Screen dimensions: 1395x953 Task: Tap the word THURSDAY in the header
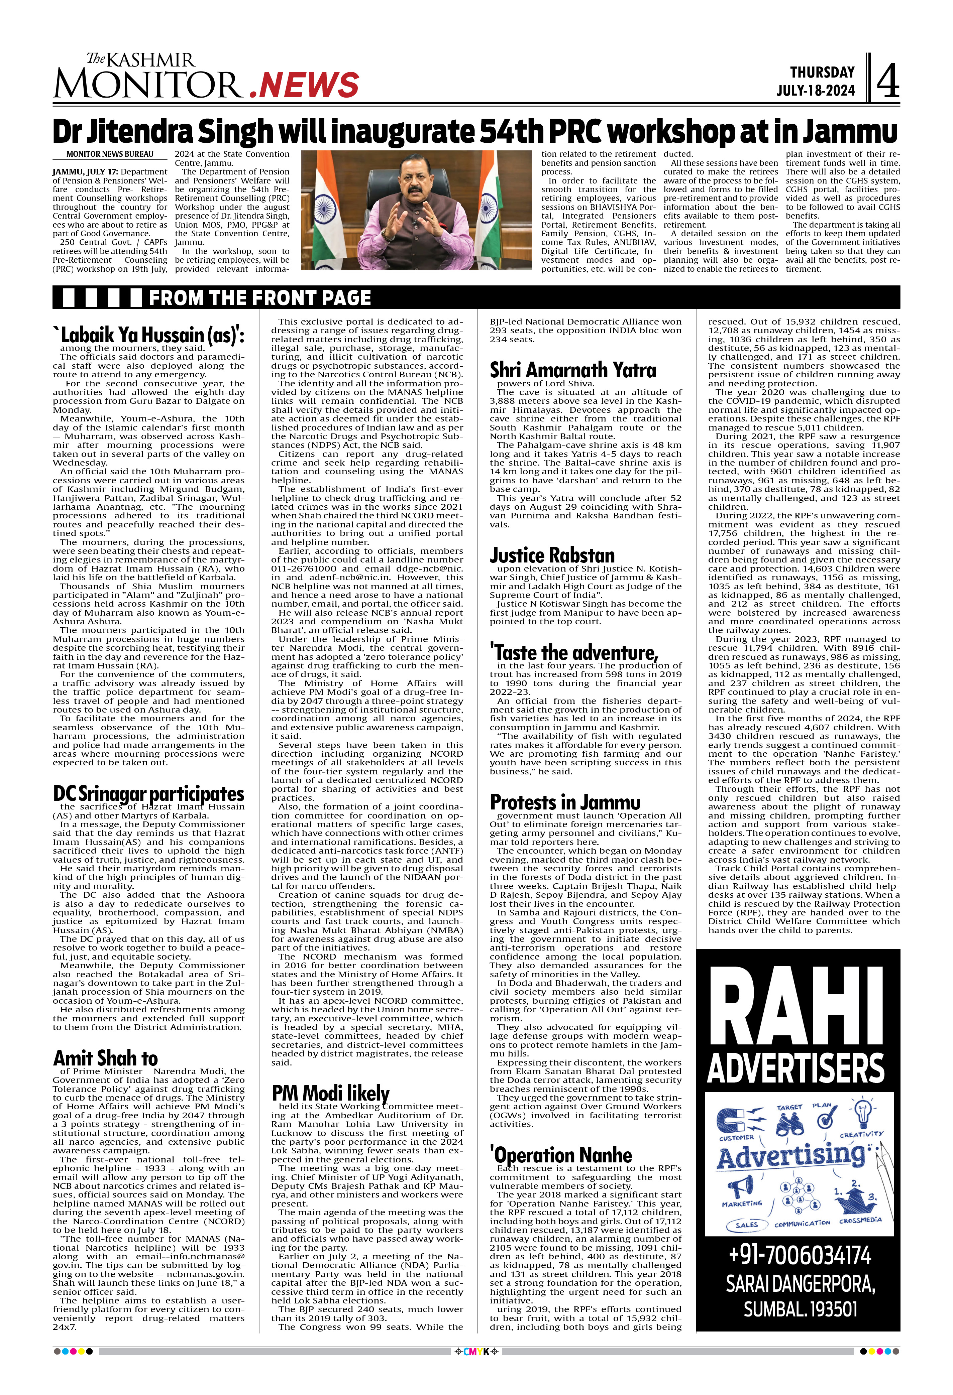[822, 72]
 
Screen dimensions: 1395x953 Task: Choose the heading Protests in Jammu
[565, 802]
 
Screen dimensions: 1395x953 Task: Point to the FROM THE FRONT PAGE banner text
[259, 298]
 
